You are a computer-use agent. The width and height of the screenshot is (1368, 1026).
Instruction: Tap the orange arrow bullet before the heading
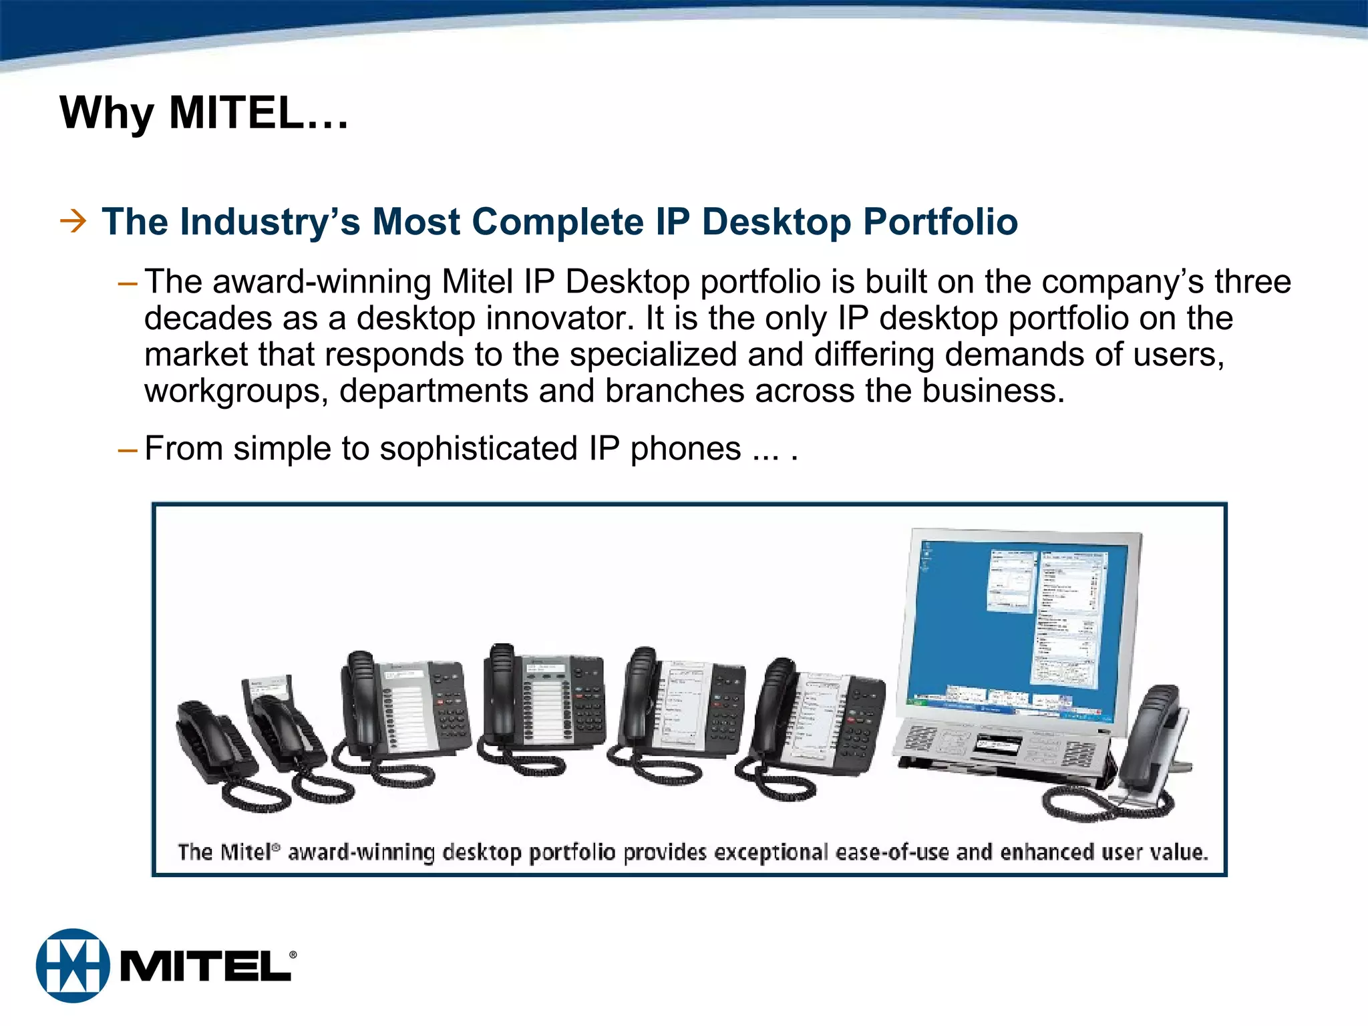(x=73, y=221)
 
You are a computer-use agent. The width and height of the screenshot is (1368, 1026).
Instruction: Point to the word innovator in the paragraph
(x=560, y=318)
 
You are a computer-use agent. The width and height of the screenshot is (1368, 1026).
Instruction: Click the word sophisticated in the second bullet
(x=478, y=448)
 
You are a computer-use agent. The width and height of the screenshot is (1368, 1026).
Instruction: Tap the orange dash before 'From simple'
(x=127, y=450)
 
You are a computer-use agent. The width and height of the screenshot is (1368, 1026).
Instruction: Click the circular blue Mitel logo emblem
(x=72, y=965)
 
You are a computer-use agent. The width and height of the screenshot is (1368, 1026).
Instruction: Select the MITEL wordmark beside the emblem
(x=205, y=967)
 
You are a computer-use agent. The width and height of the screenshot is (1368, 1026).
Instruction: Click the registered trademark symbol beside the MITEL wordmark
(x=293, y=955)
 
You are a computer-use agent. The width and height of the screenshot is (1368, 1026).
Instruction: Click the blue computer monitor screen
(x=1015, y=628)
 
